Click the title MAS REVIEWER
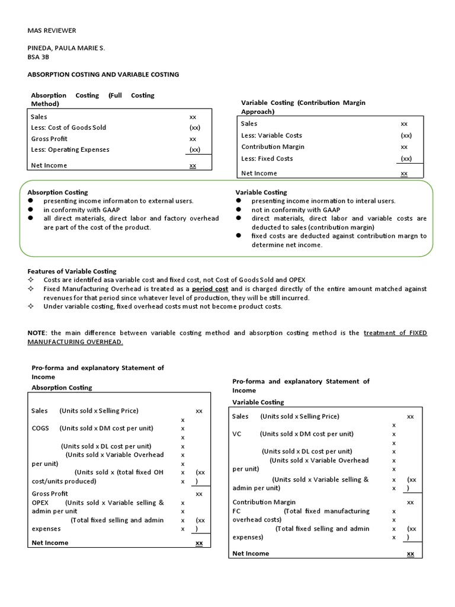coord(52,30)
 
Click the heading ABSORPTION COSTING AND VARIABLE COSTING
coord(104,75)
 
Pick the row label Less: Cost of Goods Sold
coord(69,127)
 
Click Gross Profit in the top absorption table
coord(50,139)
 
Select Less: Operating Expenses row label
coord(70,149)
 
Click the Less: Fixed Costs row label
coord(267,158)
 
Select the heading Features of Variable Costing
coord(72,271)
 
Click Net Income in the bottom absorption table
coord(50,542)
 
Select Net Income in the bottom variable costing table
coord(251,553)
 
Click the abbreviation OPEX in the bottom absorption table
coord(40,503)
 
